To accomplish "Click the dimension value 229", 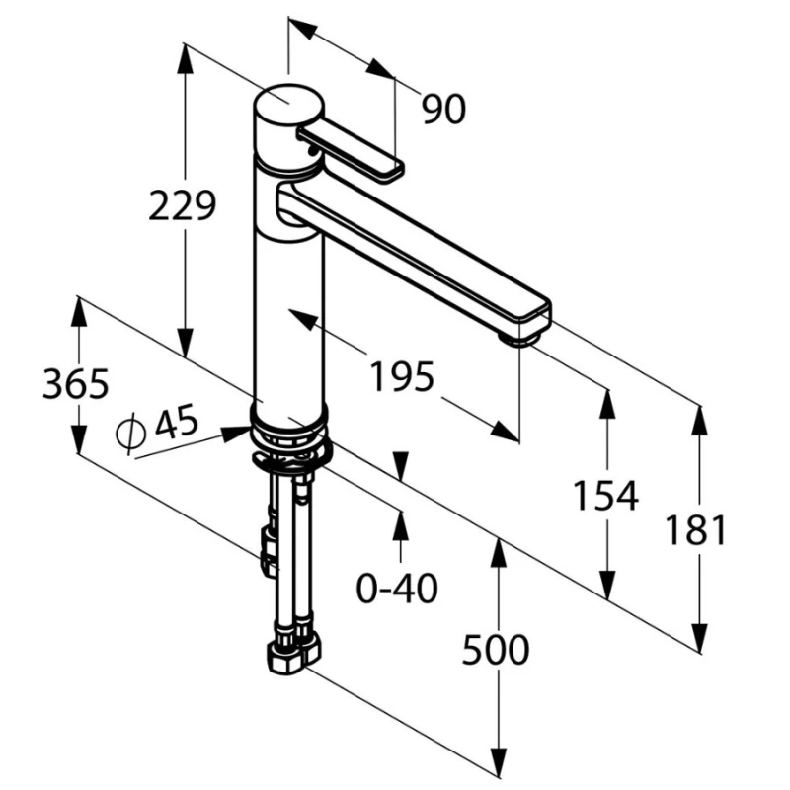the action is point(182,205).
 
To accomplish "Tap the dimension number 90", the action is point(443,110).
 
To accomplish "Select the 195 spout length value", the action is point(402,376).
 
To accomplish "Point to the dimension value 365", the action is point(76,384).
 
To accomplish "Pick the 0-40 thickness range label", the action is point(397,589).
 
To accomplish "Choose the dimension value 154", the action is point(606,496).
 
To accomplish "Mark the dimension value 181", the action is point(696,530).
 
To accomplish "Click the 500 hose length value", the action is point(496,650).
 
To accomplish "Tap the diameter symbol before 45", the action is point(130,434).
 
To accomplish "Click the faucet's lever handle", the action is point(351,152).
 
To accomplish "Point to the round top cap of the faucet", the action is point(288,105).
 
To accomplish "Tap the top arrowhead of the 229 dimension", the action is point(186,58).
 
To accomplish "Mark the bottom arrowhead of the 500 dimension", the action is point(499,761).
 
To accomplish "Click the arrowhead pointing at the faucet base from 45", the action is point(236,433).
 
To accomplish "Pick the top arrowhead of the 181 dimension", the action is point(700,420).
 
